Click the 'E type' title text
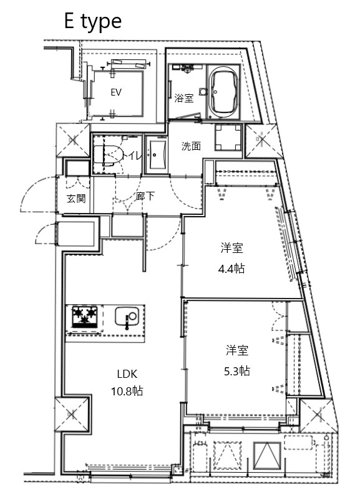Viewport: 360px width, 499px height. [x=92, y=21]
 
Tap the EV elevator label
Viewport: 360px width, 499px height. [x=115, y=92]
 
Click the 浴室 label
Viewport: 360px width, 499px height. [x=183, y=98]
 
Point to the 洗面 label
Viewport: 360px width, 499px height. [x=191, y=147]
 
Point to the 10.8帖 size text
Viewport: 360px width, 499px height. [x=127, y=392]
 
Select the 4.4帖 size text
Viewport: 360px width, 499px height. [x=231, y=269]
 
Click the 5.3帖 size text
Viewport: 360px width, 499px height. [x=237, y=370]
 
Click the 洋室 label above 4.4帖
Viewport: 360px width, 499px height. [x=231, y=249]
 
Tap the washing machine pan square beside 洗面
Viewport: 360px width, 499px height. [x=228, y=138]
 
